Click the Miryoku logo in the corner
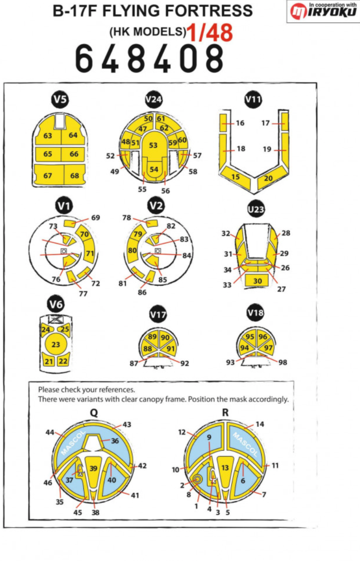tap(323, 11)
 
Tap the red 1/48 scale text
tap(209, 32)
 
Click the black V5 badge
tap(60, 100)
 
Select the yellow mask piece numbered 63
tap(48, 135)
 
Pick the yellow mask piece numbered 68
tap(74, 176)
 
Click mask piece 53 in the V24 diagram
tap(153, 145)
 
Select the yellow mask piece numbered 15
tap(236, 176)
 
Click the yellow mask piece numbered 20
tap(268, 177)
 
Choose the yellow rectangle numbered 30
tap(257, 281)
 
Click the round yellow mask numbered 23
tap(56, 345)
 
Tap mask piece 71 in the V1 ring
tap(90, 253)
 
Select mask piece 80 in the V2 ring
tap(132, 251)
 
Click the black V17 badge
tap(158, 315)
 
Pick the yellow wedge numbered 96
tap(263, 337)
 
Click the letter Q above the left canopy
tap(94, 413)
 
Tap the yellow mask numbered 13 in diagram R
tap(225, 468)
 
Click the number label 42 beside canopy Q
tap(142, 466)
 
